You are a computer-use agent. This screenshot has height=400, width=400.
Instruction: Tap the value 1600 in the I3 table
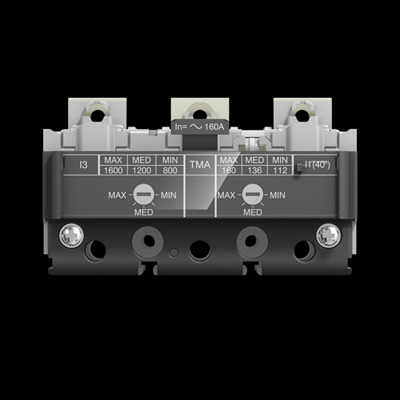[x=113, y=170]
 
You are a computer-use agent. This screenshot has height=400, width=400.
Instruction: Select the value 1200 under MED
[x=141, y=170]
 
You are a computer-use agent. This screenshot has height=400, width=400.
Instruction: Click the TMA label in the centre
[x=199, y=165]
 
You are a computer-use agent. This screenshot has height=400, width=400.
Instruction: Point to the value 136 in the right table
[x=254, y=170]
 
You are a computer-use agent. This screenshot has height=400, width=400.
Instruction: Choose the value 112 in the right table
[x=279, y=170]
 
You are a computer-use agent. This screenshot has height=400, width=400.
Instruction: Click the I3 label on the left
[x=84, y=165]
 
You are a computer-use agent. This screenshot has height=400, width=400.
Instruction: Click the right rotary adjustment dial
[x=253, y=196]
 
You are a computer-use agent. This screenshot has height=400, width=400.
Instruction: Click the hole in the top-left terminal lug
[x=97, y=114]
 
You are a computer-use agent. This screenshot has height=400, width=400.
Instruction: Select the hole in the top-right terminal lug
[x=300, y=114]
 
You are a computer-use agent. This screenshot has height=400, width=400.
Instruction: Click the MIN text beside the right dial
[x=277, y=195]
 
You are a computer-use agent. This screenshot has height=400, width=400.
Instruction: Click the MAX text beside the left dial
[x=119, y=195]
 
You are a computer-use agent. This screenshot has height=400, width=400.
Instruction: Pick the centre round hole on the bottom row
[x=199, y=248]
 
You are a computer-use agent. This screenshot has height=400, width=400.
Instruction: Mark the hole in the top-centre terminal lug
[x=200, y=113]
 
